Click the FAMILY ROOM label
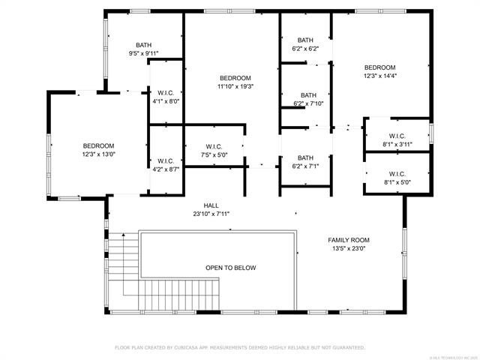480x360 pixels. (x=349, y=240)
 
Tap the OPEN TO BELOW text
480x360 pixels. (x=231, y=268)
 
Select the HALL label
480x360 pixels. (x=211, y=205)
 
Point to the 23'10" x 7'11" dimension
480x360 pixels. (x=211, y=214)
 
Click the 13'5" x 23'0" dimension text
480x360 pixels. (x=349, y=249)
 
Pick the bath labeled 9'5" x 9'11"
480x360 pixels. (x=143, y=49)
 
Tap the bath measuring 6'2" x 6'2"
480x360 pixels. (x=305, y=44)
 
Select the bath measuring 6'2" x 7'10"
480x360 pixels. (x=308, y=99)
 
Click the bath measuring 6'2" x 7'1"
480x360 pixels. (x=305, y=162)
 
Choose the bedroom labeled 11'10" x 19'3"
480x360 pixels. (x=235, y=82)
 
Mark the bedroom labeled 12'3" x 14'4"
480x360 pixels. (x=379, y=71)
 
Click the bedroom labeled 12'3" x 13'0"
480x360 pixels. (x=98, y=149)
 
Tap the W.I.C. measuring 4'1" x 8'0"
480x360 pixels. (x=166, y=97)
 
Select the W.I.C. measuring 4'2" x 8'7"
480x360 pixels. (x=166, y=165)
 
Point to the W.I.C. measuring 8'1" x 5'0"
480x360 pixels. (x=397, y=176)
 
